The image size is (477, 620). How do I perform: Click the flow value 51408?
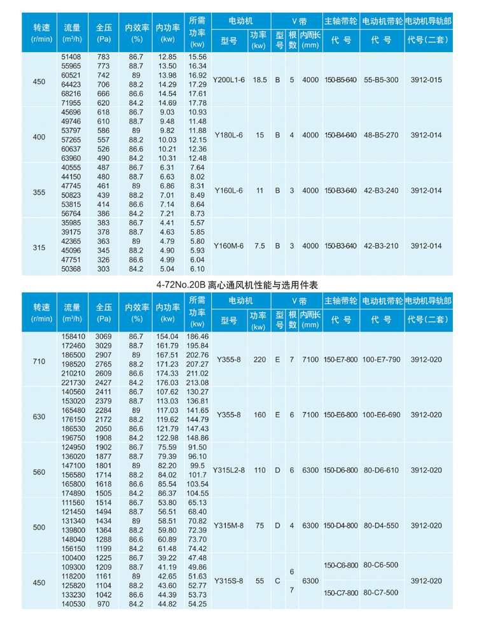click(71, 57)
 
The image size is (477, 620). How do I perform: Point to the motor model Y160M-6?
click(230, 246)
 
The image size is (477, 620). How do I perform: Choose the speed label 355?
click(40, 190)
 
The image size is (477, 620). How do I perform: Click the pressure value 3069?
click(104, 335)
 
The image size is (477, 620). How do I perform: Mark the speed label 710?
click(40, 360)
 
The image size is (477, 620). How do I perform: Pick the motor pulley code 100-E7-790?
click(382, 360)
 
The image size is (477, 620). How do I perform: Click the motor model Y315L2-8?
click(230, 470)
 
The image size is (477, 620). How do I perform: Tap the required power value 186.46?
click(198, 335)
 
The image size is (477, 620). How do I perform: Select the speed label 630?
click(40, 415)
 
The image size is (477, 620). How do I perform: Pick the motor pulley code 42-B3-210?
click(382, 246)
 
